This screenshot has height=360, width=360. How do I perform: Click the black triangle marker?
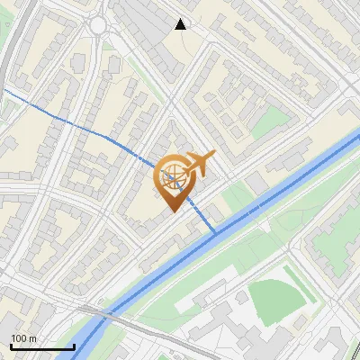tap(181, 23)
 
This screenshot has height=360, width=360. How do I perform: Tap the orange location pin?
tap(176, 180)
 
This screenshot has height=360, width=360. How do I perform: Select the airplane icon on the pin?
tap(200, 163)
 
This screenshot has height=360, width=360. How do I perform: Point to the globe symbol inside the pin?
tap(175, 176)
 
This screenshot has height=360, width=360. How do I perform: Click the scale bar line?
tap(42, 346)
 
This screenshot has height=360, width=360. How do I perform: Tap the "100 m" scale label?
tap(23, 338)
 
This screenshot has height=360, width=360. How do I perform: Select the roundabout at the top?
tap(98, 25)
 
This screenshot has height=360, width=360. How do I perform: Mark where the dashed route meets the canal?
tap(216, 232)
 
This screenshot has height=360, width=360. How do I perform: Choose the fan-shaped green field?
tap(274, 301)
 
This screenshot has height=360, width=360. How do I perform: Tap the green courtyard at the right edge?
tap(350, 108)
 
